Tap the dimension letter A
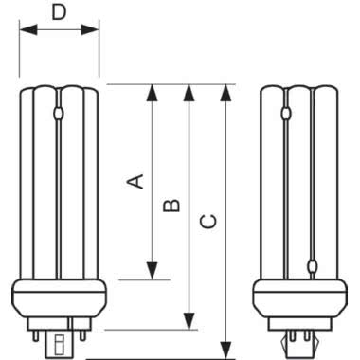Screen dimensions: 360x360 [x=136, y=180]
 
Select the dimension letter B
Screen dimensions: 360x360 [x=171, y=204]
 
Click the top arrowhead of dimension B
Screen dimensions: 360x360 [x=189, y=91]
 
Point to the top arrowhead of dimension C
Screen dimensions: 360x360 [x=225, y=91]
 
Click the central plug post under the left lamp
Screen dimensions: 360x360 [x=60, y=335]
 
